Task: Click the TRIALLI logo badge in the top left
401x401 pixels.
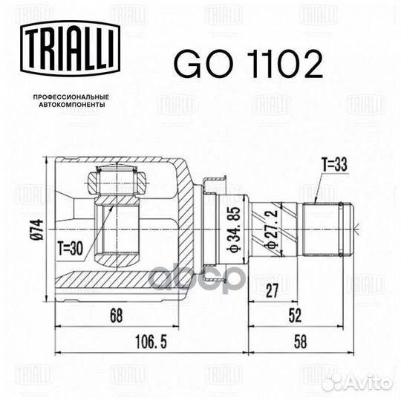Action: (x=70, y=48)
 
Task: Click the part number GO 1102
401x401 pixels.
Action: (x=248, y=64)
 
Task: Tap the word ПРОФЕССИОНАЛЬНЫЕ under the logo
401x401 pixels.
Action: (x=71, y=97)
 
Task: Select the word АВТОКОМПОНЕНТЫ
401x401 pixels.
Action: (x=71, y=105)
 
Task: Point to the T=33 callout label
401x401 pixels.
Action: (x=334, y=165)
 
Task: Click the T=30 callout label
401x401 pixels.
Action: (x=70, y=248)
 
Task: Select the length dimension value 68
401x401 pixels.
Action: (x=117, y=316)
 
